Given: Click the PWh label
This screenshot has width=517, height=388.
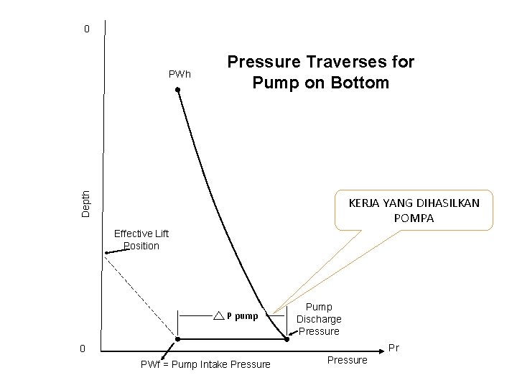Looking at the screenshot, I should [180, 74].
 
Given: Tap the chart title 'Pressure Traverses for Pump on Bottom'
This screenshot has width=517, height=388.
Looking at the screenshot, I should [320, 72].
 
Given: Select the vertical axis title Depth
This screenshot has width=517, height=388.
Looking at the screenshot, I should [86, 203].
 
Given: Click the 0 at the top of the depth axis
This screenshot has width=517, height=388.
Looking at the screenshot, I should [86, 29].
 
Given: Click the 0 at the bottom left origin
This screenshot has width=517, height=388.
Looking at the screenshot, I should [83, 349].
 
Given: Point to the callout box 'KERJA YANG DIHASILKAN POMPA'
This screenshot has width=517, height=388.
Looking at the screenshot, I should [414, 210].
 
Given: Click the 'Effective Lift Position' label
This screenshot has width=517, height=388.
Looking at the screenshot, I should [141, 239].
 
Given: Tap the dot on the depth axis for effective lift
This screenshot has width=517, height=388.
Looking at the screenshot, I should [105, 253].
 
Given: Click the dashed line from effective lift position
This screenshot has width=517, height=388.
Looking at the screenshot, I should [140, 295].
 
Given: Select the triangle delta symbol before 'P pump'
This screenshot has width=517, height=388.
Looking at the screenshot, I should [219, 315].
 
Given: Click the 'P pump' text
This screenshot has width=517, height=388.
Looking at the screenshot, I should [242, 315].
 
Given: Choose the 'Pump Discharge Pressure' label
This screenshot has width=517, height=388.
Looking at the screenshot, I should [319, 319].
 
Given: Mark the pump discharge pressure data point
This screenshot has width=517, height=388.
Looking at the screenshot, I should [287, 338].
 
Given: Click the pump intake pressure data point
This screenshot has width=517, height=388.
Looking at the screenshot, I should [178, 338].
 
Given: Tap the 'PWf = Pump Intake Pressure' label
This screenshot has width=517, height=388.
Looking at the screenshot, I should [206, 364].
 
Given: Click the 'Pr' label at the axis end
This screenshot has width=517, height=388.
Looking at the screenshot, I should [393, 348].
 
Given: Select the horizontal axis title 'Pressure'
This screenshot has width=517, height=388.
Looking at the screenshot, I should [347, 360].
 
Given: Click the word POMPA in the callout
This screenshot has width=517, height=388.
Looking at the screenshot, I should [414, 218].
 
